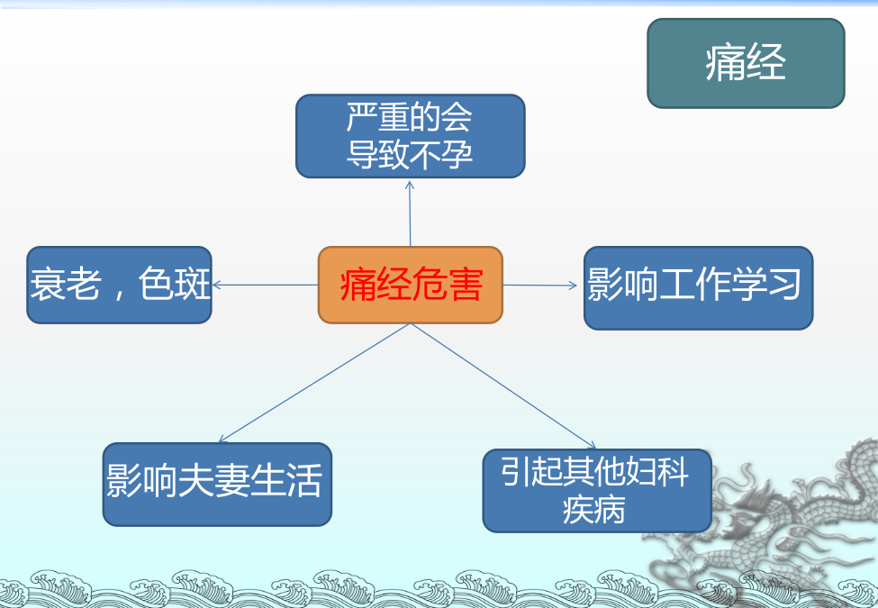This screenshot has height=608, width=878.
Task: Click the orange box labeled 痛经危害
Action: point(411,285)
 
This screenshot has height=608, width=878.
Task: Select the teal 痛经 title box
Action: point(746,63)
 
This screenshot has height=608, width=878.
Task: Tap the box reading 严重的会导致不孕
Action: point(411,136)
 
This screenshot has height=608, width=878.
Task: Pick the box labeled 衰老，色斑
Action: point(119,285)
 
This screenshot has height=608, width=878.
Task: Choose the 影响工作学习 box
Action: point(698,287)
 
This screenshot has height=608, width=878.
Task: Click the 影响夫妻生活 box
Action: point(217,485)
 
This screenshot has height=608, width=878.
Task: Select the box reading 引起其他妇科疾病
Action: point(597,490)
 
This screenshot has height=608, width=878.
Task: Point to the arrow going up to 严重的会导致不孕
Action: point(410,213)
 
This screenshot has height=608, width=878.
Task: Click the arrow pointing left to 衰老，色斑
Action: point(266,285)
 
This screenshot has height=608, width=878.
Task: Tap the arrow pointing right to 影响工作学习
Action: point(539,286)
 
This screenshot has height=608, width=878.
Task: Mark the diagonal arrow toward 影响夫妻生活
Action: point(314,383)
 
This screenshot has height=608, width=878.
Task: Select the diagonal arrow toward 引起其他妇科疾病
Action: point(503,386)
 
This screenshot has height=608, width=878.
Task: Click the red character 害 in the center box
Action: point(465,285)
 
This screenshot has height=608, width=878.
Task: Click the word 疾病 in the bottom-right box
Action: point(594,510)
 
